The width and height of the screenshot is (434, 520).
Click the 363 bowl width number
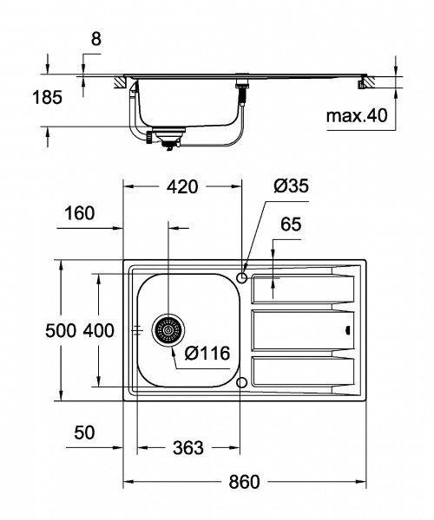click(187, 447)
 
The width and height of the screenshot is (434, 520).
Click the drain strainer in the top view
click(168, 330)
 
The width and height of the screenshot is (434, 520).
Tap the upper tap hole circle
click(243, 276)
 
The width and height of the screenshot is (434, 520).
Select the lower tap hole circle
click(243, 382)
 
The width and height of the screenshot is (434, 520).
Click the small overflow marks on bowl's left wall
click(137, 330)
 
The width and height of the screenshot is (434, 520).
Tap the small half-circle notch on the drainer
click(348, 330)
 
